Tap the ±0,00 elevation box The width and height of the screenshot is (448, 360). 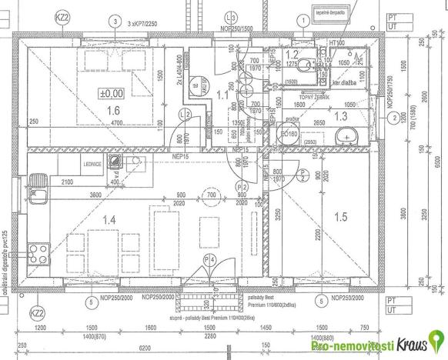click(x=111, y=94)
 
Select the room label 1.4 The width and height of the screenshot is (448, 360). click(x=109, y=221)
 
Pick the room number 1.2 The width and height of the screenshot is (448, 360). click(x=292, y=54)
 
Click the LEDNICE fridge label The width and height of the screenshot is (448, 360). click(x=83, y=164)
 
